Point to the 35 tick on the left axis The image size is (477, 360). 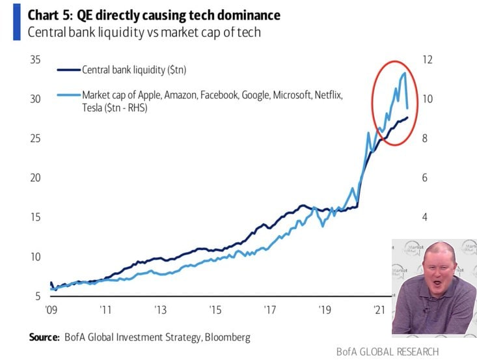pyautogui.click(x=35, y=60)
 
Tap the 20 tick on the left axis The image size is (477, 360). pyautogui.click(x=35, y=178)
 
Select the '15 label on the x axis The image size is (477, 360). pyautogui.click(x=215, y=309)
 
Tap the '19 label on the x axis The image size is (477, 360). pyautogui.click(x=325, y=309)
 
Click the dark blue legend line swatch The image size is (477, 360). pyautogui.click(x=68, y=69)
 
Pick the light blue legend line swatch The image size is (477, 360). pyautogui.click(x=68, y=95)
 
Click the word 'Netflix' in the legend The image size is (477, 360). pyautogui.click(x=329, y=95)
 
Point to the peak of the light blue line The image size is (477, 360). pyautogui.click(x=404, y=73)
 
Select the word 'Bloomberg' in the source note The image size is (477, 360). pyautogui.click(x=226, y=337)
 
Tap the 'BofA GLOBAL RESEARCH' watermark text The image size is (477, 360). pyautogui.click(x=387, y=352)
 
